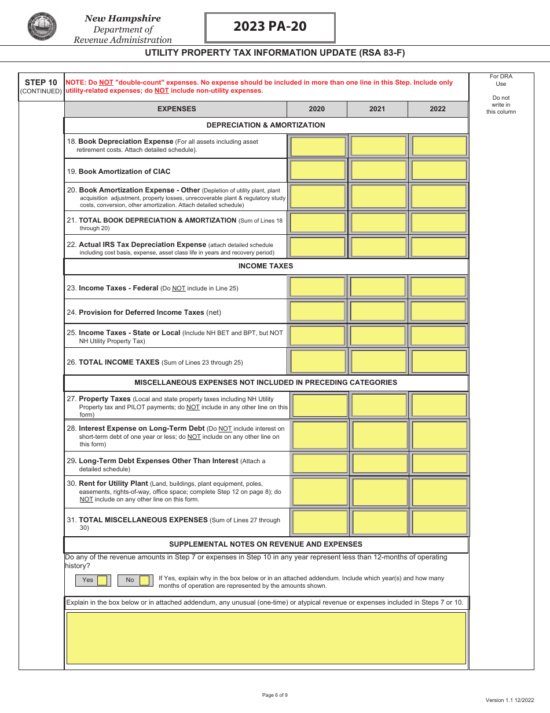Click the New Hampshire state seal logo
pos(42,27)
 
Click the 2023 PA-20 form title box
pos(270,27)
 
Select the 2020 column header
pos(317,109)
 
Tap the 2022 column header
pos(438,109)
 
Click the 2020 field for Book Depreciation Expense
pos(318,146)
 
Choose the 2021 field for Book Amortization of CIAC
pos(378,170)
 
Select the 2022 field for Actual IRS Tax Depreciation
pos(439,247)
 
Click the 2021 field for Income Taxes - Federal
pos(378,287)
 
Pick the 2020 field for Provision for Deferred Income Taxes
pos(318,311)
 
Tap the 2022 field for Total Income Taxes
pos(439,361)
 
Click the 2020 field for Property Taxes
pos(320,405)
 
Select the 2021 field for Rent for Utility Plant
pos(380,492)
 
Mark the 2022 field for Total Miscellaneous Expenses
pos(439,522)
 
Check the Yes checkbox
pos(102,580)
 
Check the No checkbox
pos(144,580)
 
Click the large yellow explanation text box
pos(266,638)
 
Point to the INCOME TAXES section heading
pos(266,266)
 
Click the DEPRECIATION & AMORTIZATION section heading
pos(266,125)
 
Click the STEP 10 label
pos(41,82)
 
